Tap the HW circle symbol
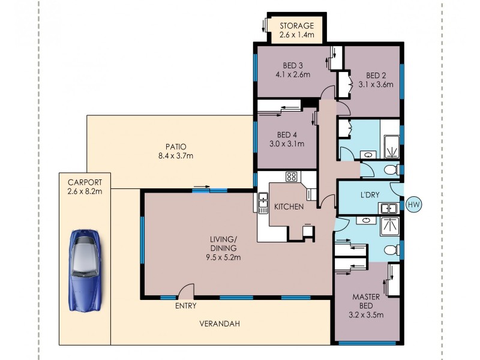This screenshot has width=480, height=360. [413, 205]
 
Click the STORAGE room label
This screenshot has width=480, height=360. [295, 26]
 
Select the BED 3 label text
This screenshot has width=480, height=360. [293, 66]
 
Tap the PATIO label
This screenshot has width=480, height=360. [176, 146]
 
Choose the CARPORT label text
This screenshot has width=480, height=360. [84, 182]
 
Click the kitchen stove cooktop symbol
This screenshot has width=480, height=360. [292, 176]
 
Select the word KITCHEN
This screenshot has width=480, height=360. [289, 207]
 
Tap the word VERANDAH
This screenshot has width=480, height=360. [219, 324]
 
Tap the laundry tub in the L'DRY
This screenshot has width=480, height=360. [388, 208]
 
